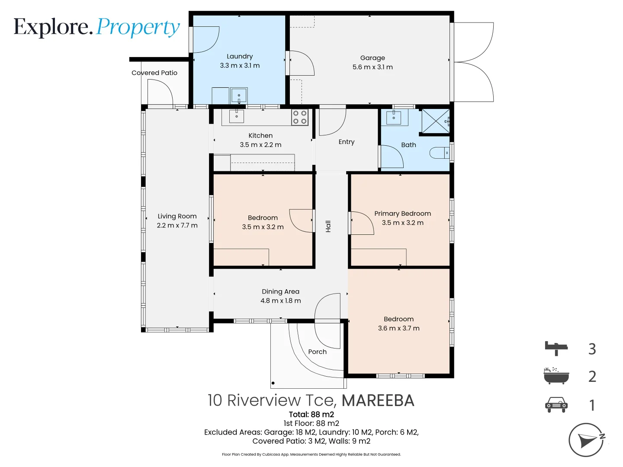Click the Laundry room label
coord(240,56)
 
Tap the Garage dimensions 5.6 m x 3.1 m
coord(373,67)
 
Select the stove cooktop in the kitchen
coord(299,117)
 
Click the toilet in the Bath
coord(440,153)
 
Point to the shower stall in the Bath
coord(435,121)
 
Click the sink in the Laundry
coord(239,95)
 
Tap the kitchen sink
coord(237,116)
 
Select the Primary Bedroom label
coord(402,214)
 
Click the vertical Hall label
coord(328,226)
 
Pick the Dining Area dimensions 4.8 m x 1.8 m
coord(280,301)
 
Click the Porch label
coord(317,352)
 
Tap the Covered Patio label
coord(154,73)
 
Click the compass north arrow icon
coord(587,440)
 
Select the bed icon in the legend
coord(556,348)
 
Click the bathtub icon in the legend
coord(556,376)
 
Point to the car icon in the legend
coord(556,405)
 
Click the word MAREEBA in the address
coord(378,400)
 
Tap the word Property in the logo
coord(138,27)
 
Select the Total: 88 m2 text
coord(311,414)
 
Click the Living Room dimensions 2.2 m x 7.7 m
coord(177,225)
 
